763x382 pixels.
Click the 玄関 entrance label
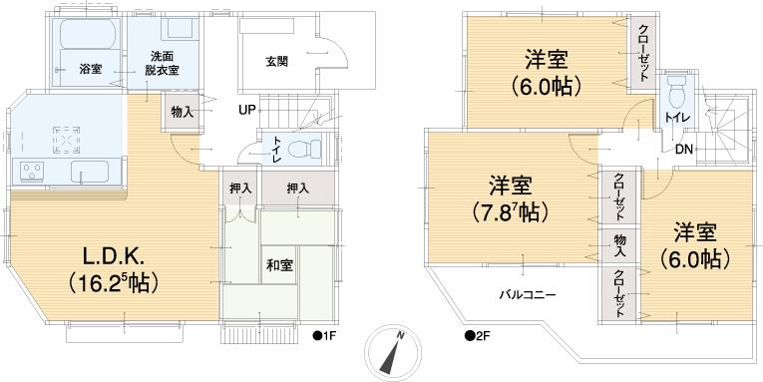[x=276, y=61]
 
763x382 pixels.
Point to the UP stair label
[x=244, y=109]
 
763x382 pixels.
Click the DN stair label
[x=684, y=150]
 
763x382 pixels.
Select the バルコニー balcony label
[x=528, y=295]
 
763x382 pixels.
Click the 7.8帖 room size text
[x=510, y=212]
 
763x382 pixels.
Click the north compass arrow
[x=396, y=350]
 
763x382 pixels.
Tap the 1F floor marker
[x=326, y=335]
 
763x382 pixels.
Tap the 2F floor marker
[x=477, y=335]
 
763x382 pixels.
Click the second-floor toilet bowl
[x=675, y=98]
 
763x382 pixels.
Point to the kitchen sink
[x=92, y=172]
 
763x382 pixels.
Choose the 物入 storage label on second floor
[x=620, y=244]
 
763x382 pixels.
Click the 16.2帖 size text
[x=111, y=282]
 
